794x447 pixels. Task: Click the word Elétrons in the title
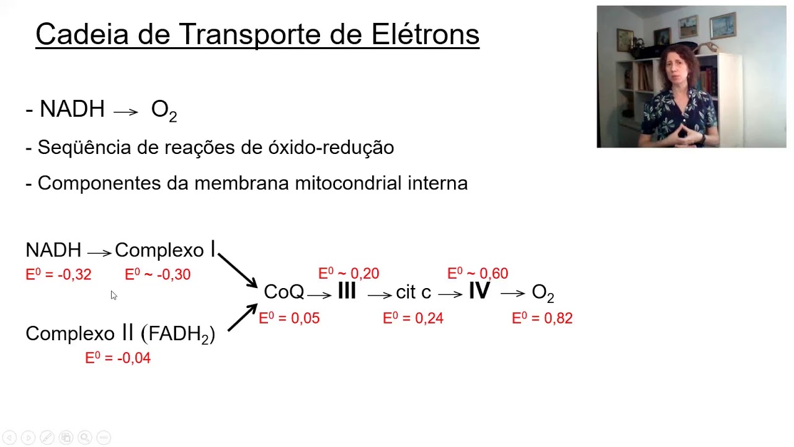coord(426,34)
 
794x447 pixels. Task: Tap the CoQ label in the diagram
coord(283,292)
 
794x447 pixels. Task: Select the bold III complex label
coord(347,291)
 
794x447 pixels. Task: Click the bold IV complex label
coord(479,291)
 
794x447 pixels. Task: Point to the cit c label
coord(413,292)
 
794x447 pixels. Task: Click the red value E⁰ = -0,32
coord(58,274)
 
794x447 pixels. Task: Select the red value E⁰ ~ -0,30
coord(158,274)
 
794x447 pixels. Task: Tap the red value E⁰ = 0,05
coord(289,318)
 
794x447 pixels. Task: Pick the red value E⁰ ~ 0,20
coord(349,273)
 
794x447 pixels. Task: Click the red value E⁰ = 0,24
coord(413,318)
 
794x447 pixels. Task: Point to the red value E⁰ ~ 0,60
coord(478,273)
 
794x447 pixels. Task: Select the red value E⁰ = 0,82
coord(542,318)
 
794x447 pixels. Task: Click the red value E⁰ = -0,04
coord(118,358)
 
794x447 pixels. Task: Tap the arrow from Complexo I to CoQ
coord(238,270)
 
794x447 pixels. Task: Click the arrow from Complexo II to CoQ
coord(242,317)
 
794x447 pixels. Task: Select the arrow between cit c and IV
coord(450,294)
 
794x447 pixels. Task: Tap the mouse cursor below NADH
coord(114,296)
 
